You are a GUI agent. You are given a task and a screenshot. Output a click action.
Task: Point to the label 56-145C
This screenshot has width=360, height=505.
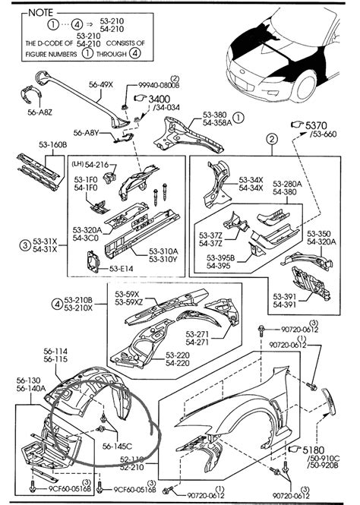pyautogui.click(x=118, y=446)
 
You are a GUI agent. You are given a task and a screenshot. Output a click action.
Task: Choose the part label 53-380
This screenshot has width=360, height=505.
pyautogui.click(x=215, y=115)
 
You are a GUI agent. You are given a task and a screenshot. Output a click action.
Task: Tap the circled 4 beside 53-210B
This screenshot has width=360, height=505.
pyautogui.click(x=56, y=305)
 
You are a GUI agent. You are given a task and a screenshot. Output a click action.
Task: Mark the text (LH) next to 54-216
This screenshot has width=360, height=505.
pyautogui.click(x=78, y=164)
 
